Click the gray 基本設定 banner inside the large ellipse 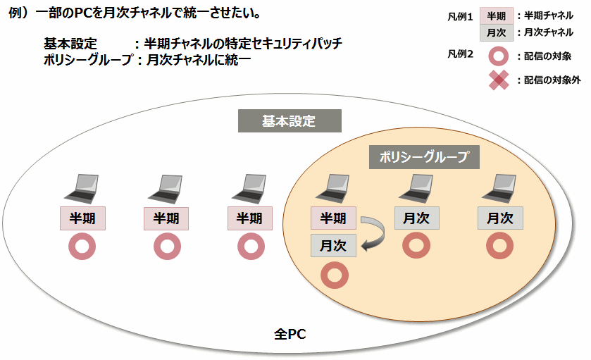pos(289,121)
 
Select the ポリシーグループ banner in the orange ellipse pos(424,157)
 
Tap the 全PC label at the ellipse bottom pos(290,333)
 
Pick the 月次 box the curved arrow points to pos(333,246)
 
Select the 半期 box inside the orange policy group pos(333,218)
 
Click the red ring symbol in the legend pos(498,56)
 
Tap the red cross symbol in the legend pos(498,80)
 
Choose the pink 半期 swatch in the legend pos(497,15)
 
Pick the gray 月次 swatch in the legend pos(497,32)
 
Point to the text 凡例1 pos(460,15)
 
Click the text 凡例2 pos(460,54)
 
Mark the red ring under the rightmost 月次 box pos(499,246)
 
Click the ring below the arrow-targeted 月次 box pos(335,275)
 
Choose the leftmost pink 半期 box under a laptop pos(82,218)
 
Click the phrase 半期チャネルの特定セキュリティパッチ pos(242,44)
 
